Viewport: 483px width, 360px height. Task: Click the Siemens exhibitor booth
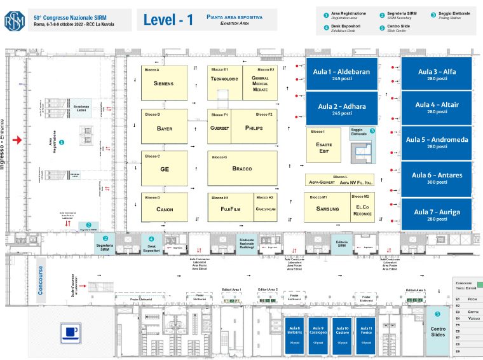click(163, 83)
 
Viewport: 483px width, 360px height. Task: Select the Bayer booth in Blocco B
click(164, 127)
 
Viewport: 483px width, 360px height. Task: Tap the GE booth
click(164, 169)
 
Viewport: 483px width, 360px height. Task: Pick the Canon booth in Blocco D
click(164, 207)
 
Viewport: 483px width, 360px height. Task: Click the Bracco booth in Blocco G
click(242, 169)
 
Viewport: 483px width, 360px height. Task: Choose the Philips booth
click(254, 127)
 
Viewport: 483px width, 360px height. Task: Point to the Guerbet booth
click(219, 127)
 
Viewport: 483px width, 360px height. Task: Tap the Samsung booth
click(327, 207)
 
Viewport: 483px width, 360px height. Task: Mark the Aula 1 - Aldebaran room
click(341, 74)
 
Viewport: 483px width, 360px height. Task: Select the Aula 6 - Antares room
click(437, 177)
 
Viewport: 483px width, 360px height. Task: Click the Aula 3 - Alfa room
click(437, 74)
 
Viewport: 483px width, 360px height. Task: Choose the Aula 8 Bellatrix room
click(294, 335)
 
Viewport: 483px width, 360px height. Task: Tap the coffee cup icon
click(71, 332)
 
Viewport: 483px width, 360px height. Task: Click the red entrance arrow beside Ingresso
click(19, 139)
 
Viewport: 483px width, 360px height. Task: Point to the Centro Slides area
click(438, 330)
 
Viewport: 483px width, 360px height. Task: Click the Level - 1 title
click(168, 20)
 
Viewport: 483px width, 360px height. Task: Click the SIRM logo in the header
click(13, 19)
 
